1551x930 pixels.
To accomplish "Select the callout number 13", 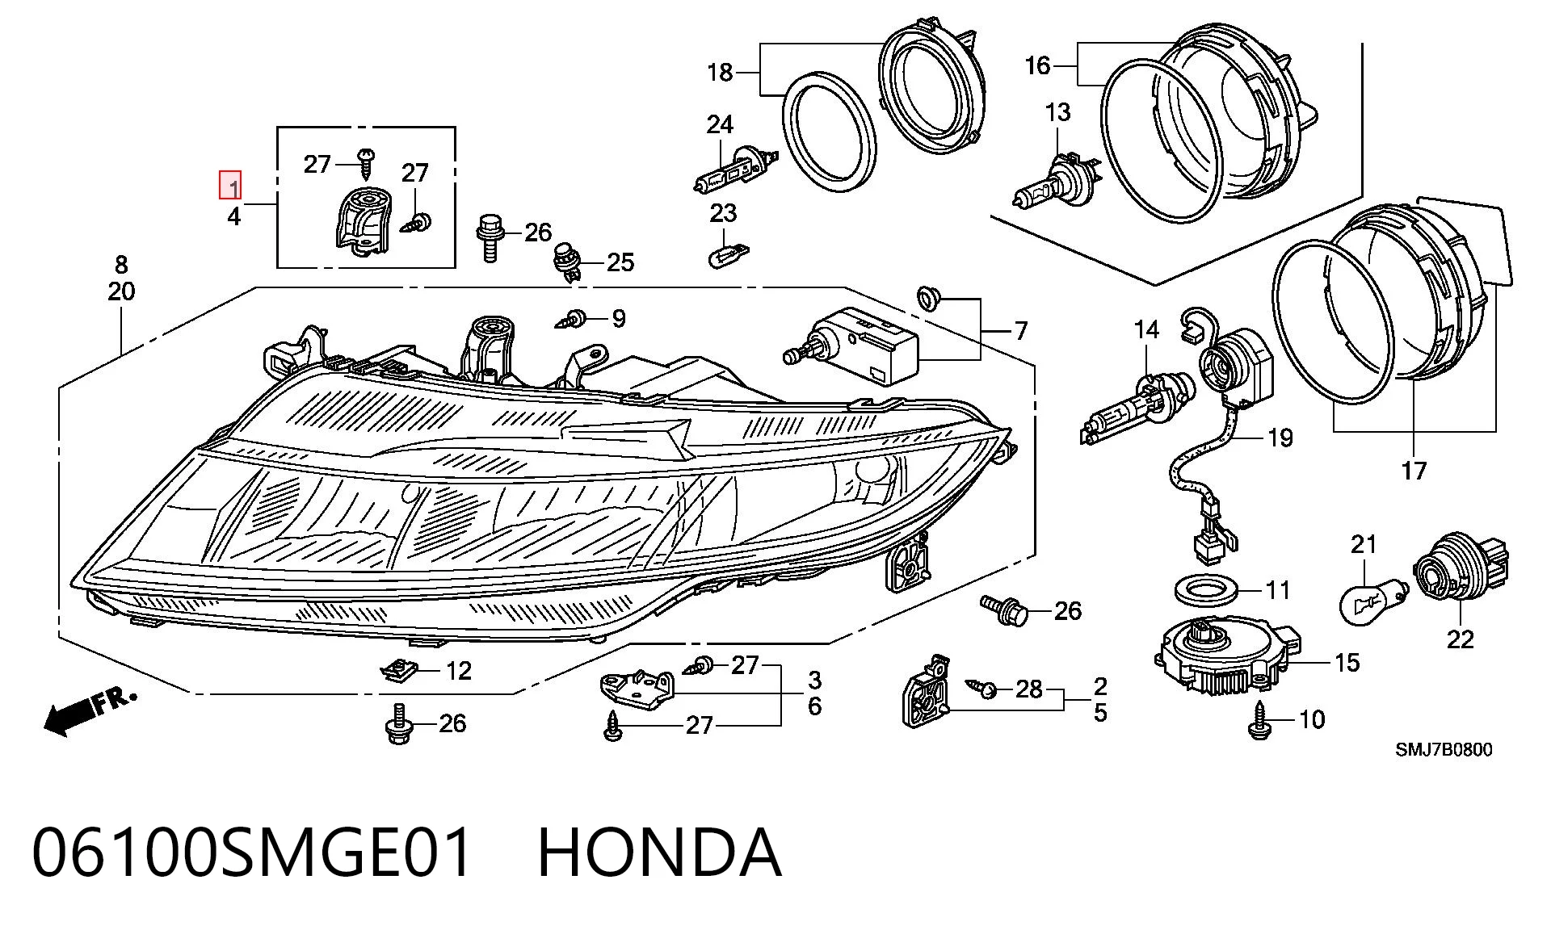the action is click(1057, 112).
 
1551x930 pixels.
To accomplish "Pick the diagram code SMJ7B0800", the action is click(1444, 750).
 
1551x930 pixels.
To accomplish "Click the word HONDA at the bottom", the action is click(659, 852).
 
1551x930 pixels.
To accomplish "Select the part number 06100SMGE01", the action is click(251, 852).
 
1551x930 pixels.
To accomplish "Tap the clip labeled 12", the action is click(398, 670).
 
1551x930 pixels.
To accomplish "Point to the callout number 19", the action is click(1280, 438).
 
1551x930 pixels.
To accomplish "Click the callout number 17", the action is click(1414, 470).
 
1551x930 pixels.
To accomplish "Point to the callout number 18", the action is click(720, 72).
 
